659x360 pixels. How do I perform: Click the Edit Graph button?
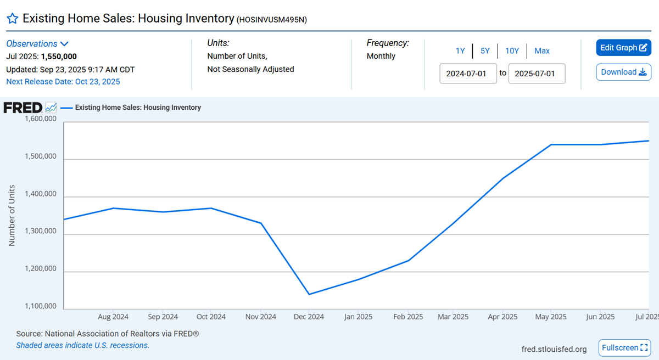[623, 48]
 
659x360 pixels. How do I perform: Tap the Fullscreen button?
[624, 347]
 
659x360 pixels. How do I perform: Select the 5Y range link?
[485, 51]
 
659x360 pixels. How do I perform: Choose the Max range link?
[542, 51]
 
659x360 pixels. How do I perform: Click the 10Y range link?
[512, 51]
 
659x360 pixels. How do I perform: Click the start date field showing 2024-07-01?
[468, 74]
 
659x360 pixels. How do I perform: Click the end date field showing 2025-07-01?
[537, 74]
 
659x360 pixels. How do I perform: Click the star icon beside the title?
[12, 19]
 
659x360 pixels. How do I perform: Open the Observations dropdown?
[37, 44]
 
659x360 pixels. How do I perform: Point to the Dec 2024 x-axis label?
[309, 317]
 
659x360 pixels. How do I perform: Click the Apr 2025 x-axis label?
[502, 317]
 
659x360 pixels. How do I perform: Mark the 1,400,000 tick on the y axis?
[40, 194]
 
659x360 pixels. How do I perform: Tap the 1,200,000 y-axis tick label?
[40, 269]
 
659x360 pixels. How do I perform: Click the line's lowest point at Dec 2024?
[309, 294]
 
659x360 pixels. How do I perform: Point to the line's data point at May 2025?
[551, 144]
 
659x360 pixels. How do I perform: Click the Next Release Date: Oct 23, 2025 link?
[63, 82]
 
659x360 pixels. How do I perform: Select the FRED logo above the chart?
[23, 108]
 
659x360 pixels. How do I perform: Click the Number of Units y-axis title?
[12, 215]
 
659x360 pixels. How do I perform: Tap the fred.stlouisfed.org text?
[554, 349]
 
